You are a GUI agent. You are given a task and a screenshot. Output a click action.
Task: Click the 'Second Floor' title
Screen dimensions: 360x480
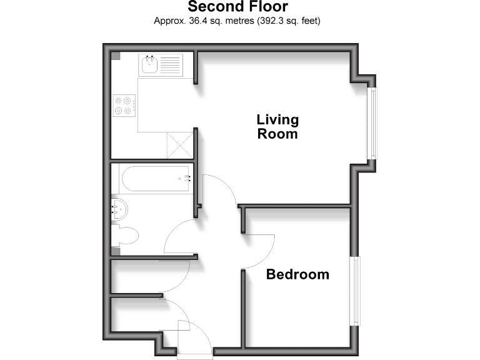tap(237, 7)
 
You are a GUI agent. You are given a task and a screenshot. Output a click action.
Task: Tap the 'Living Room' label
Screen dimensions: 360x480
tap(277, 126)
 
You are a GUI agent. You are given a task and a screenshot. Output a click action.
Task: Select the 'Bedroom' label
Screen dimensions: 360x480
tap(297, 274)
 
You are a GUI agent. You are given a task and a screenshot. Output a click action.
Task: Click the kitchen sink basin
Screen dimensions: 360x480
tap(149, 64)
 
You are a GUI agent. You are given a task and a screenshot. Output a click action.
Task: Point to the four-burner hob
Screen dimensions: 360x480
tap(124, 105)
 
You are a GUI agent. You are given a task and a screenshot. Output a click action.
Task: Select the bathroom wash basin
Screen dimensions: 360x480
tap(119, 209)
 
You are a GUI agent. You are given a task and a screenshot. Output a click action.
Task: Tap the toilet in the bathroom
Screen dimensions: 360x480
tap(126, 236)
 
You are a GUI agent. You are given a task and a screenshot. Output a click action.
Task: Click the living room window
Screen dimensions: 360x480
tap(372, 122)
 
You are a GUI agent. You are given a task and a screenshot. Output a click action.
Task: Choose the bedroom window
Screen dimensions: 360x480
tap(355, 291)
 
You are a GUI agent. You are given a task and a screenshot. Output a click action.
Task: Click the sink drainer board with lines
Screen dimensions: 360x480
tap(171, 64)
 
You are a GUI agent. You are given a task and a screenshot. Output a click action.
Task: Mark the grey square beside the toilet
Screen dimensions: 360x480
tap(115, 251)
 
